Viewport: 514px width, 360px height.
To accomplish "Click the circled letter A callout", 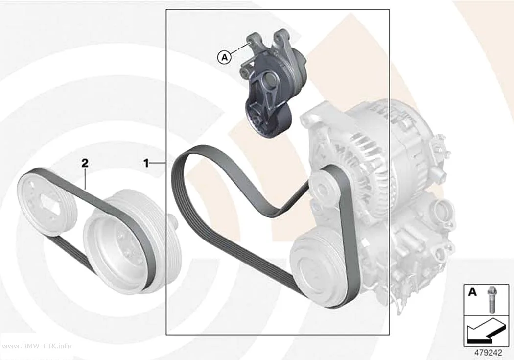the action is click(225, 58).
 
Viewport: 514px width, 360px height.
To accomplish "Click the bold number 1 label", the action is click(146, 163).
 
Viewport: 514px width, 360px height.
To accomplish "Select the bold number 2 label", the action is click(85, 163).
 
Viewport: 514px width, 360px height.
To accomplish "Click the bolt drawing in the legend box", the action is click(491, 300).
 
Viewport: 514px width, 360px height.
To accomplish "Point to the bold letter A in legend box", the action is click(472, 291).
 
